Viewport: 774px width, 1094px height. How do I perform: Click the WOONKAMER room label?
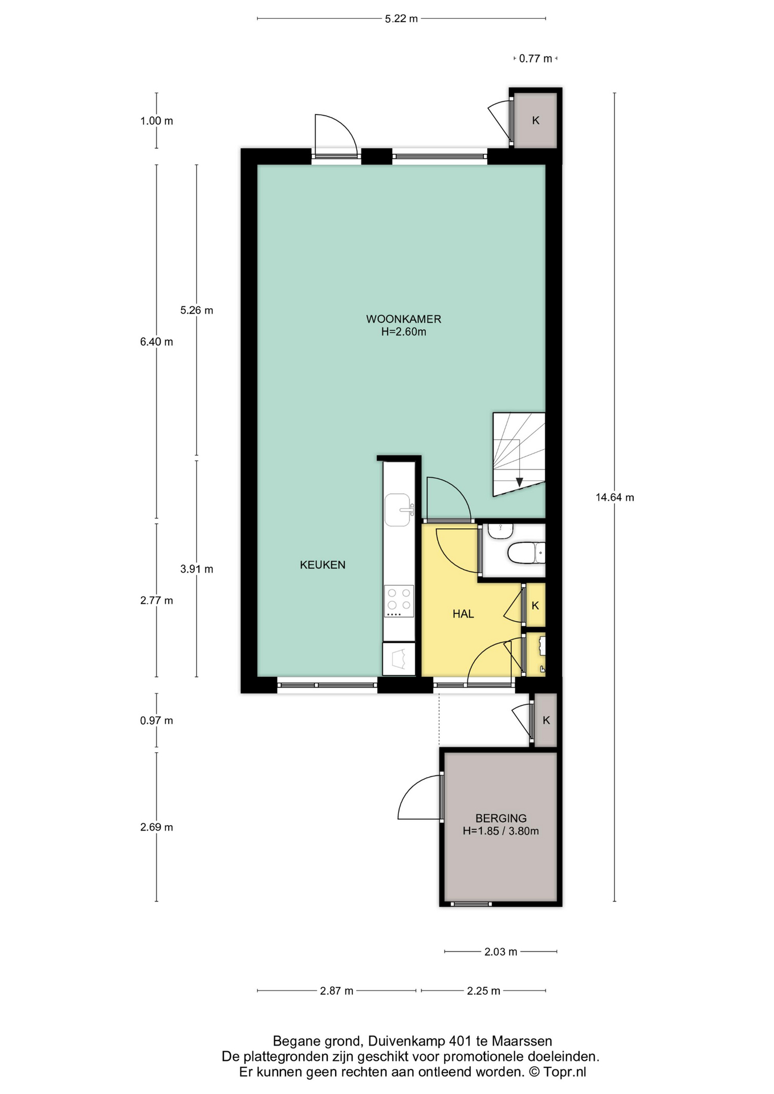point(404,319)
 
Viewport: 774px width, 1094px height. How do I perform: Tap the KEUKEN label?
point(323,565)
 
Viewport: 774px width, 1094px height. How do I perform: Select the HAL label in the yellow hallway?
point(463,614)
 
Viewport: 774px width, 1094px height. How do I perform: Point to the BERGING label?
point(501,818)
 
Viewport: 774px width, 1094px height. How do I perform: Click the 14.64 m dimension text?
point(615,497)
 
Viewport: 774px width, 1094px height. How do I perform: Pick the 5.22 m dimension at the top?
point(401,19)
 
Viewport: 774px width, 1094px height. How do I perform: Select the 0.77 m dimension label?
point(536,58)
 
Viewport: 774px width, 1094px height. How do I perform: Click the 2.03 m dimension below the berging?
point(501,952)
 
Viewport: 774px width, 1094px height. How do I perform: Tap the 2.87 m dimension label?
point(337,991)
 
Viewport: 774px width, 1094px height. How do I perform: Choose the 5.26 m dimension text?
point(197,311)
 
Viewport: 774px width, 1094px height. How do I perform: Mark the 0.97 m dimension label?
point(157,721)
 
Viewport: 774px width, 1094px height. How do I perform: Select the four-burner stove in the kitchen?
point(399,602)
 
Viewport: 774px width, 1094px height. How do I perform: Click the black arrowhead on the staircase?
point(520,482)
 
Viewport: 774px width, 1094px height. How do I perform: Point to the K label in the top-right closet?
point(536,121)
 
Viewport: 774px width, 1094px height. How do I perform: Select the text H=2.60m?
point(404,332)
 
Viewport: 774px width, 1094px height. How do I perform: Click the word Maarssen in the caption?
point(522,1042)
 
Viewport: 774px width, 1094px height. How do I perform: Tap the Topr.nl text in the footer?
point(565,1072)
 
